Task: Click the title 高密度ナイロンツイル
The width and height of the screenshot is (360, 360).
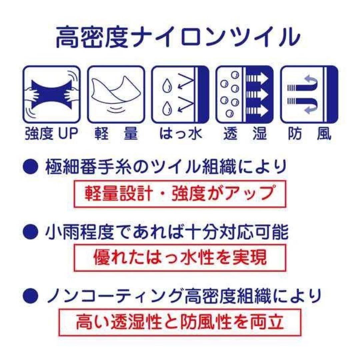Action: click(x=178, y=37)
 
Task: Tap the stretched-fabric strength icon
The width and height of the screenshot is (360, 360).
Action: click(x=51, y=94)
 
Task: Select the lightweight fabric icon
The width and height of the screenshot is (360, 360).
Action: click(x=116, y=94)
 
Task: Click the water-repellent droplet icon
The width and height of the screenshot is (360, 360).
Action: click(x=180, y=94)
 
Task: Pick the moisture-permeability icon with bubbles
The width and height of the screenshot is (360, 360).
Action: click(x=245, y=94)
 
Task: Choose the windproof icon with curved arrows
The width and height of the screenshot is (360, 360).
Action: click(x=309, y=94)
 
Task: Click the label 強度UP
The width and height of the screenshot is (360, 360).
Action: click(x=51, y=133)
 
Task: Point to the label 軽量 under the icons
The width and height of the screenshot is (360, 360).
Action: click(x=116, y=133)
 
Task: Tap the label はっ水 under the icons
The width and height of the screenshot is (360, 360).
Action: click(x=181, y=133)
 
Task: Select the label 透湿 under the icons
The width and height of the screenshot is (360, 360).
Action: click(x=245, y=133)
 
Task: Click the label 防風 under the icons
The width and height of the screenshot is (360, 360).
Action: click(x=309, y=133)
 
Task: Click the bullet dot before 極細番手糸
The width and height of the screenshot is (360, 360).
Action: click(x=31, y=167)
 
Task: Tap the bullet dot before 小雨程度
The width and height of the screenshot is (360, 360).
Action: click(x=31, y=232)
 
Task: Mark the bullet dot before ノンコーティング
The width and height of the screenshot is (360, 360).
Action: click(x=31, y=296)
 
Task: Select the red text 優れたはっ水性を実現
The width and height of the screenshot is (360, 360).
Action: click(x=180, y=258)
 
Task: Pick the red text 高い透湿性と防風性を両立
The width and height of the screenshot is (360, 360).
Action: click(x=180, y=322)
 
